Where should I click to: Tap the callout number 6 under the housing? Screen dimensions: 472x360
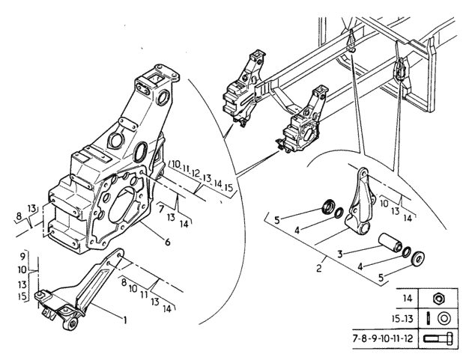[x=167, y=241]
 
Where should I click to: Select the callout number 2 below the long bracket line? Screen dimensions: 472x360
[x=319, y=268]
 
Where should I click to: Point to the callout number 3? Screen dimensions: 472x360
[x=340, y=254]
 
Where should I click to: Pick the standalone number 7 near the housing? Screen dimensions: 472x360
[x=161, y=208]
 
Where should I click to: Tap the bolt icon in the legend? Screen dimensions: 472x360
[x=438, y=338]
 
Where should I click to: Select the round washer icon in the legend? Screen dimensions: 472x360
[x=443, y=319]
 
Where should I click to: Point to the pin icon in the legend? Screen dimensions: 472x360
[x=428, y=319]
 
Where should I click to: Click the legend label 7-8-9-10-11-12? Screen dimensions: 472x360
[x=383, y=339]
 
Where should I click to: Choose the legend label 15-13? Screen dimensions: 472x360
[x=403, y=319]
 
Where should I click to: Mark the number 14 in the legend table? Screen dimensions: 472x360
[x=407, y=299]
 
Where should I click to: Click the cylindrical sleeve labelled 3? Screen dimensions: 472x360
[x=390, y=242]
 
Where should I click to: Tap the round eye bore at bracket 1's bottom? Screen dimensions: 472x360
[x=73, y=324]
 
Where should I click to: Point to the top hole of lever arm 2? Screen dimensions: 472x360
[x=363, y=174]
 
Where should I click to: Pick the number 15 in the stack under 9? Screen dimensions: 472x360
[x=22, y=296]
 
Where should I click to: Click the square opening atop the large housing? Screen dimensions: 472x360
[x=157, y=79]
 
